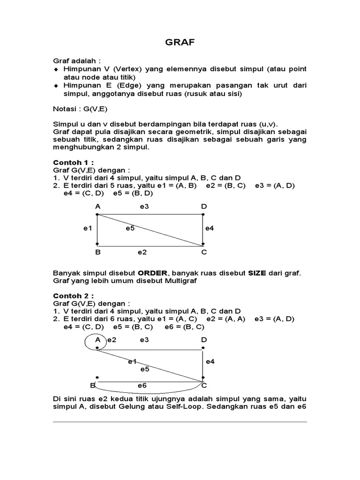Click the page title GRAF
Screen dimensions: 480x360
coord(180,43)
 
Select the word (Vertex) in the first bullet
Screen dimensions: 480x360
coord(127,69)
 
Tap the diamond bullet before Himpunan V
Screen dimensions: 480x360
coord(55,69)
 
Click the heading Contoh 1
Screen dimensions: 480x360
coord(73,162)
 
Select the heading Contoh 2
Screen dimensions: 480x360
coord(73,296)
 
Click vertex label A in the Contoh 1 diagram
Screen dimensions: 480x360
coord(97,206)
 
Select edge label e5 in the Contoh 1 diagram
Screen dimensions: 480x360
coord(130,228)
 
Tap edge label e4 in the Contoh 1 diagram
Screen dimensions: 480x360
coord(210,228)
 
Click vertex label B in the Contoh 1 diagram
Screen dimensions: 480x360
coord(97,252)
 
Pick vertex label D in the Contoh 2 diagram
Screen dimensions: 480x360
coord(203,339)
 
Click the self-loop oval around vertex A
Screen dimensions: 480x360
coord(86,342)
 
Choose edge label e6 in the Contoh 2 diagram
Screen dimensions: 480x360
coord(142,385)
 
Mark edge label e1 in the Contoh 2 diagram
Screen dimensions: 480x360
coord(132,361)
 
